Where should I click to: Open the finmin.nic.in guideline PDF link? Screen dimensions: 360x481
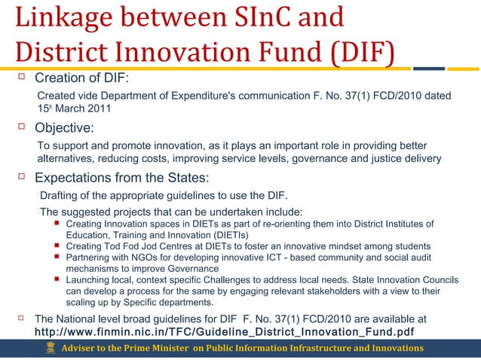point(225,331)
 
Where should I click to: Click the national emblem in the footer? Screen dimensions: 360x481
point(51,349)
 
